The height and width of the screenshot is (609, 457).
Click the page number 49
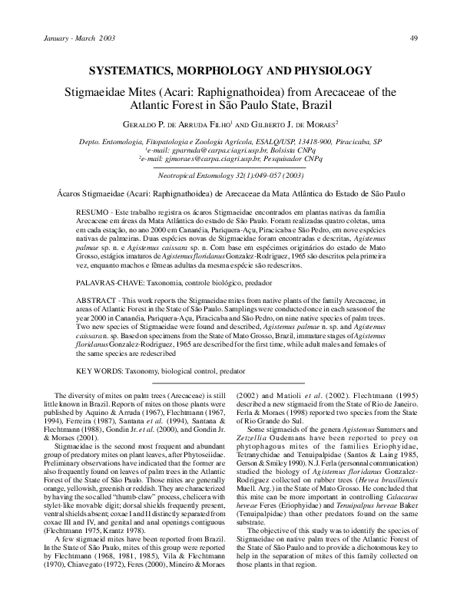click(413, 38)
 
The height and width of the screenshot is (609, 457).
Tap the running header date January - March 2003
click(68, 38)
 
